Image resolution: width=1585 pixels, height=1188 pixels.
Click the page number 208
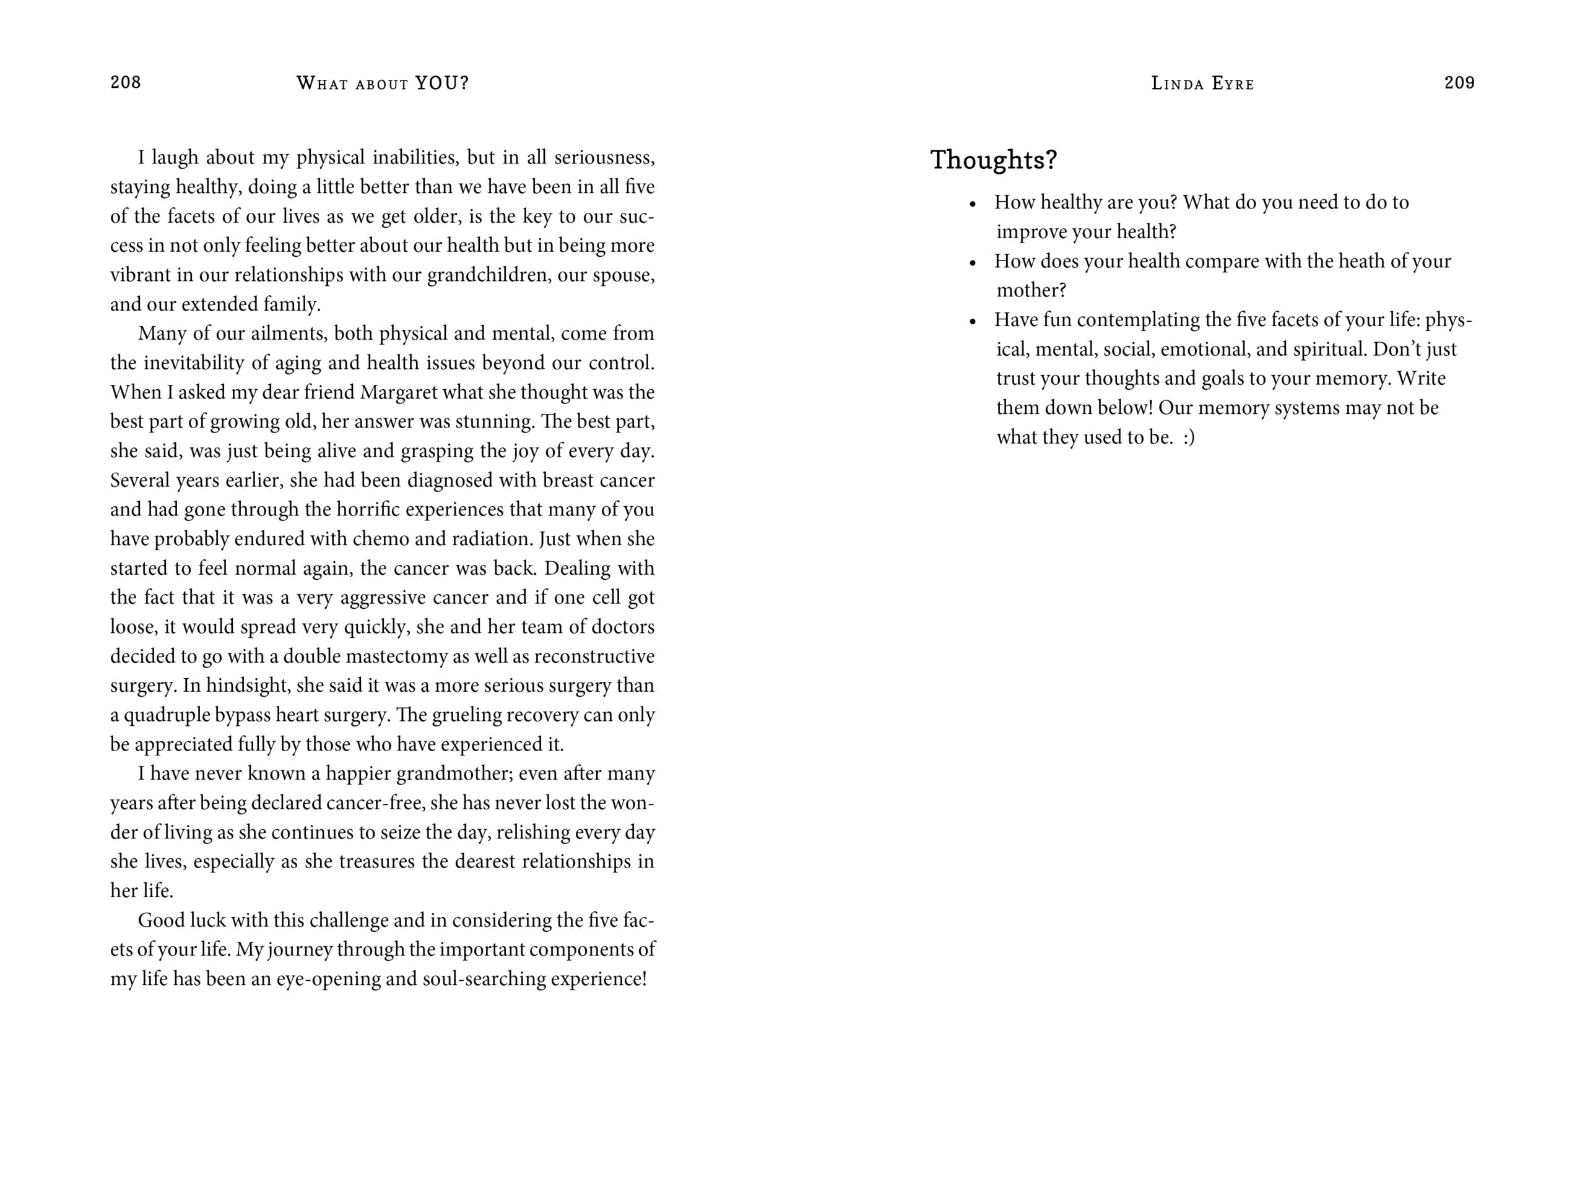[126, 82]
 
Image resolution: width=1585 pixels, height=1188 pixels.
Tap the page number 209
[1459, 82]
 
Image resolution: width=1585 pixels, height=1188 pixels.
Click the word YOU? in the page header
[442, 83]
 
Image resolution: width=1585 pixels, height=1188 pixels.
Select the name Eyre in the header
[1233, 84]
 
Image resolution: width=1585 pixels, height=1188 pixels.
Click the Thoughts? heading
[993, 160]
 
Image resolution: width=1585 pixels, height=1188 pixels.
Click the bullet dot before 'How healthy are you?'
[972, 204]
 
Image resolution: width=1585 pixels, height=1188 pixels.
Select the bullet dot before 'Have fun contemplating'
[972, 322]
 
